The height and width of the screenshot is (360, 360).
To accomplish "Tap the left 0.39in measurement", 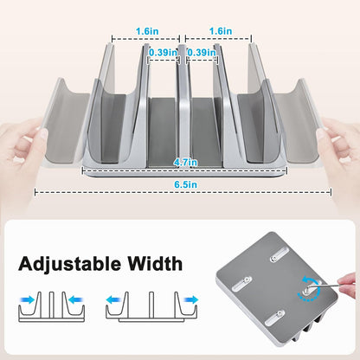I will tap(162, 52).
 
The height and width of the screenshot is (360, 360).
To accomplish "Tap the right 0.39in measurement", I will tap(202, 52).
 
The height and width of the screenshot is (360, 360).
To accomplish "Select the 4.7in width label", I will tap(181, 161).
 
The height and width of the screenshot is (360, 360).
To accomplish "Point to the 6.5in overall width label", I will tap(181, 184).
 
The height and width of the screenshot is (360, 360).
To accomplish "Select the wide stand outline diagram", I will tap(151, 304).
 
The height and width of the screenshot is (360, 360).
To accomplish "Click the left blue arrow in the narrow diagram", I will tap(28, 299).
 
